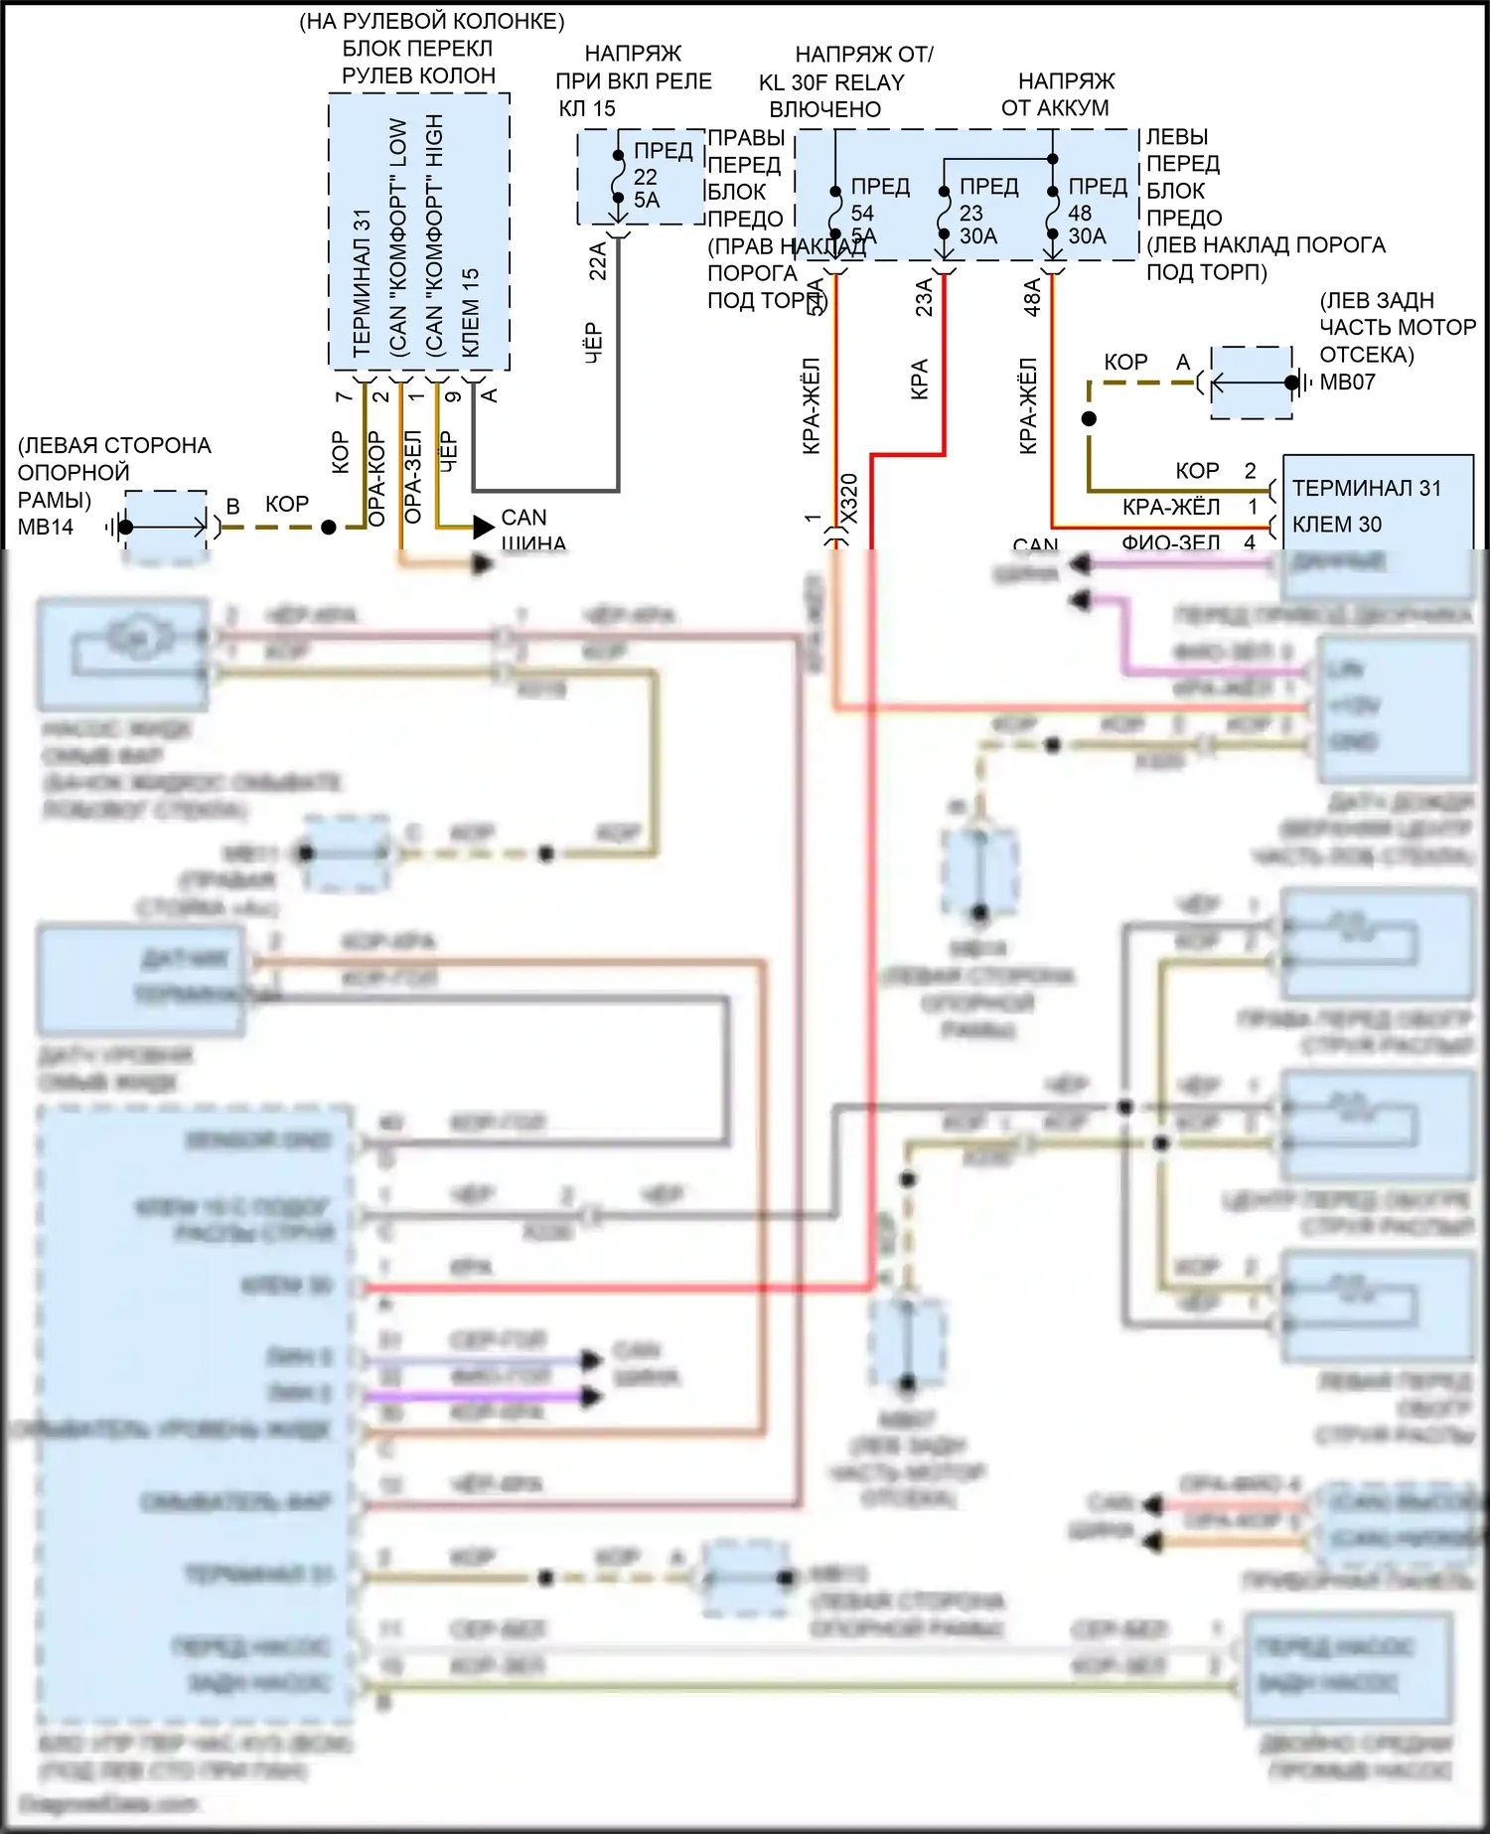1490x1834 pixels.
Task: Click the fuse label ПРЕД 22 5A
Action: pos(656,176)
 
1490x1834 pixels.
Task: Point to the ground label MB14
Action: pos(45,528)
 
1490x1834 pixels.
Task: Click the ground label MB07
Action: pos(1347,382)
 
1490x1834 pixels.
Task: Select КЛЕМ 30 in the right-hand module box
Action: pos(1336,525)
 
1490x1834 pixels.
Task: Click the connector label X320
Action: pos(849,497)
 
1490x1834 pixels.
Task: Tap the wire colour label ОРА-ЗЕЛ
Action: pos(414,476)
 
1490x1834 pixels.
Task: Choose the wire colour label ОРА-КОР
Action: pos(376,478)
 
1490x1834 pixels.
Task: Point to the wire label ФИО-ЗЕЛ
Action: pos(1170,542)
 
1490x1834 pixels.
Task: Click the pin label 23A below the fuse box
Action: pos(924,297)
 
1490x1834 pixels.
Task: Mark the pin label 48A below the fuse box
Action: pos(1032,297)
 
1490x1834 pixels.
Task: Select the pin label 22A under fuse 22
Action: pos(598,261)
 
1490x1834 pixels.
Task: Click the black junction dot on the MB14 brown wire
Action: pos(329,528)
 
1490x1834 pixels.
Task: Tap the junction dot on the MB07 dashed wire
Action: pos(1089,418)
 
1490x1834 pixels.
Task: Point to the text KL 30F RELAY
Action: pos(831,82)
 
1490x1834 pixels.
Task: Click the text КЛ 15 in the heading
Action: pos(586,108)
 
